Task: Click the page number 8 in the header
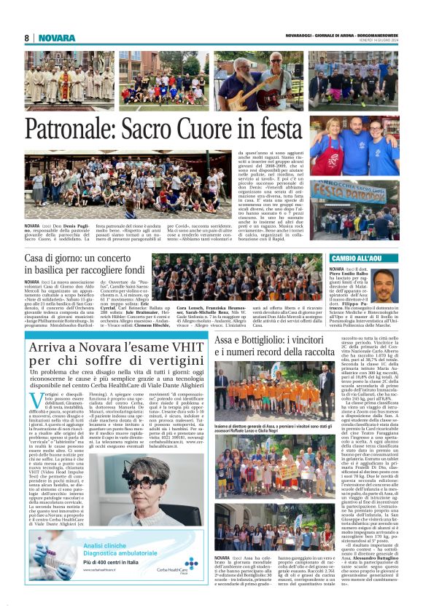[x=26, y=38]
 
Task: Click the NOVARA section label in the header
[x=57, y=38]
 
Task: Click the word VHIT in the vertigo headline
[x=185, y=349]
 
